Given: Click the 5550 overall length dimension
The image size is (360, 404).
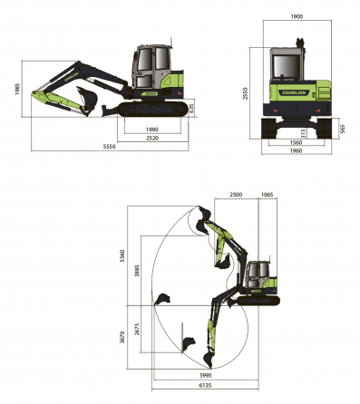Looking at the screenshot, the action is tap(109, 147).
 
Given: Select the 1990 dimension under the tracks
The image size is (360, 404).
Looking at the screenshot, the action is tap(152, 130).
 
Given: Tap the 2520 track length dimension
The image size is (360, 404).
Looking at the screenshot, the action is tap(152, 139).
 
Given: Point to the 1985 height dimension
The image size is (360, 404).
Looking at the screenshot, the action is tap(17, 89).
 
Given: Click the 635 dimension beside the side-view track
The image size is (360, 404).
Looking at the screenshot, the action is tap(191, 109).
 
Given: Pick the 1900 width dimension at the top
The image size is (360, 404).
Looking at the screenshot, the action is tap(297, 16).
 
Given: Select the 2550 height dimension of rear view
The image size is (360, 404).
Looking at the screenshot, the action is tap(245, 93).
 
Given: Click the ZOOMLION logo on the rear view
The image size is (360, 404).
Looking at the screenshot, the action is tap(294, 92).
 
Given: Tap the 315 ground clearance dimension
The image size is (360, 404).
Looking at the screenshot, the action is tap(304, 133).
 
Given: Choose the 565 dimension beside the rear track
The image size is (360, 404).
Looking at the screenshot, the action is tap(342, 129).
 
